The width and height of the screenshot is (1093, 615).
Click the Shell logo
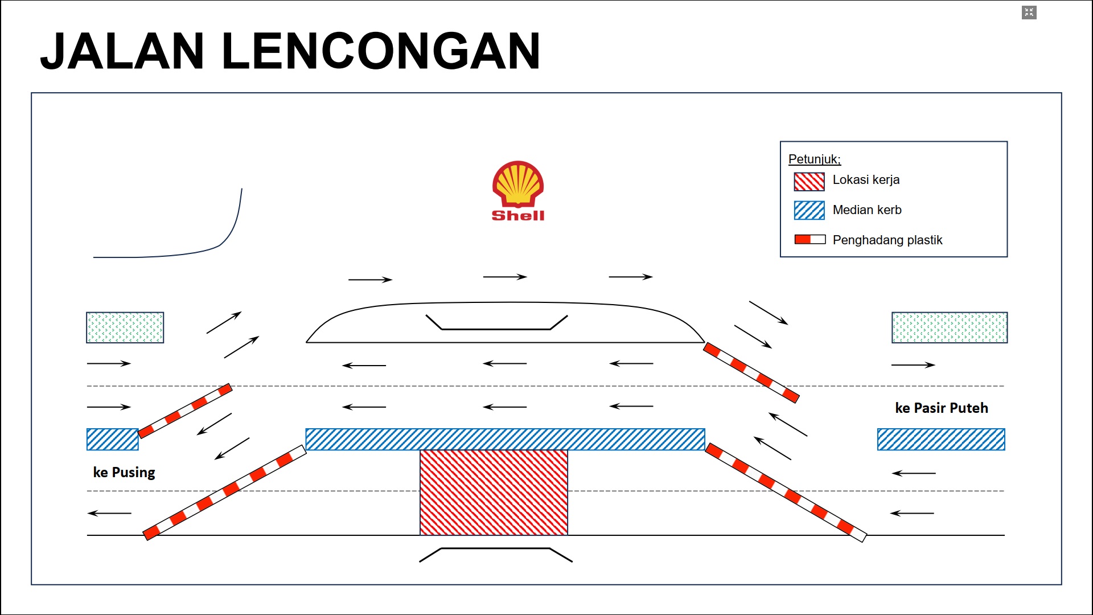coord(518,190)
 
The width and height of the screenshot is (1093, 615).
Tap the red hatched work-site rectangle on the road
coord(494,493)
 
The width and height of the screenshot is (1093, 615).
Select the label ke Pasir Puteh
coord(941,408)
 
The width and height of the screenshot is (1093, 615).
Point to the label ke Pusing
coord(124,472)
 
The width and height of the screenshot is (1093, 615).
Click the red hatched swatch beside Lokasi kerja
coord(809,181)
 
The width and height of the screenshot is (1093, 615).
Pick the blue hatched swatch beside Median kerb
coord(809,210)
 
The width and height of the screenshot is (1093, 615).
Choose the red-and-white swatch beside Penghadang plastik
coord(810,240)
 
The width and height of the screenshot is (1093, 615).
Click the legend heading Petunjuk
coord(814,159)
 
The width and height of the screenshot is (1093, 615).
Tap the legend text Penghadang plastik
coord(887,240)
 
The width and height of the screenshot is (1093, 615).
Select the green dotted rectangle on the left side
coord(125,327)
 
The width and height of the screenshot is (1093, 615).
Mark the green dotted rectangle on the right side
coord(949,327)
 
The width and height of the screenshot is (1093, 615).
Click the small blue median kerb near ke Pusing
coord(112,439)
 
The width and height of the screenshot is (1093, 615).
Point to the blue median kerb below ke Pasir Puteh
coord(941,439)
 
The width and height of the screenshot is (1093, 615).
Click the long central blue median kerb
coord(505,439)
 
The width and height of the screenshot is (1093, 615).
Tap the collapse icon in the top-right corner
coord(1029,13)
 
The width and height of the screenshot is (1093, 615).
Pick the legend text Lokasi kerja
coord(866,180)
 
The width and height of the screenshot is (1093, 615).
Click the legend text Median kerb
coord(866,210)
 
